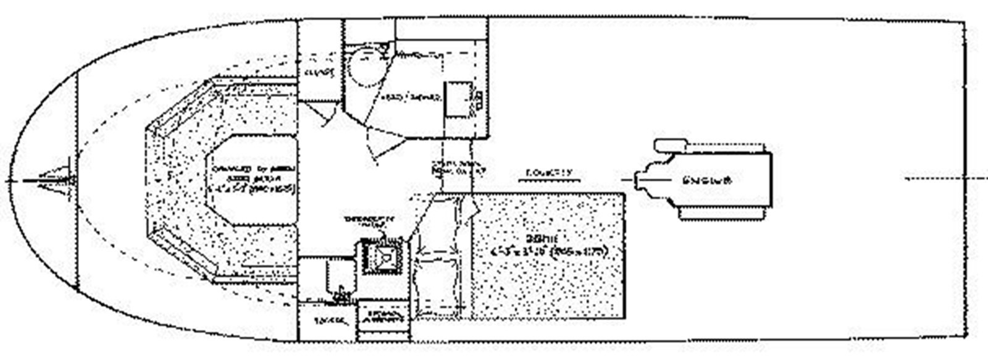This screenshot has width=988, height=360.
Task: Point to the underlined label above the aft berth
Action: [x=550, y=173]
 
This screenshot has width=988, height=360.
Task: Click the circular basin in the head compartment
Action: [x=366, y=70]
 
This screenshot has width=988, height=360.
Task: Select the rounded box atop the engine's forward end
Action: [x=670, y=146]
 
